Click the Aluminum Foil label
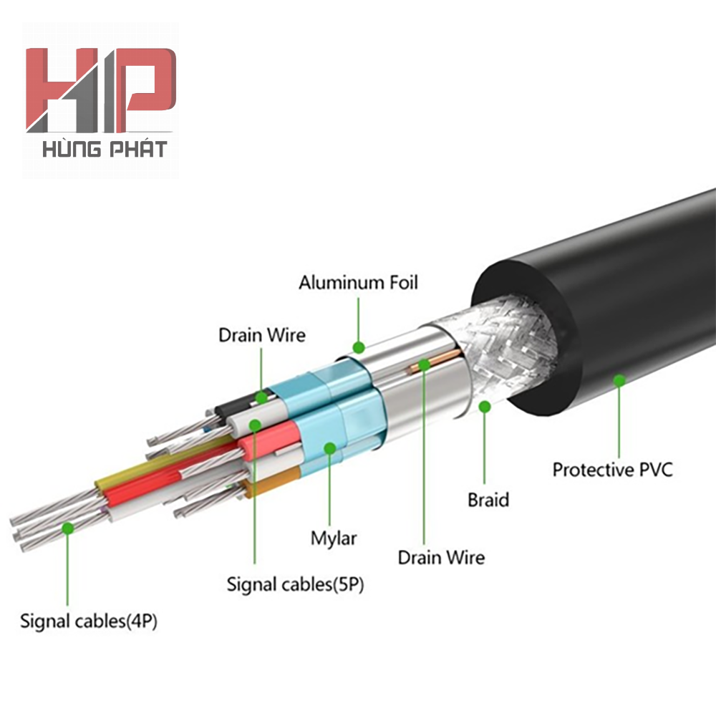(358, 282)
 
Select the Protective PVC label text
(612, 470)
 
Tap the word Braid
(488, 500)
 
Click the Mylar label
(334, 538)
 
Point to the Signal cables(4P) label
(89, 621)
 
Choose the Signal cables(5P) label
(296, 584)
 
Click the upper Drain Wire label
(262, 334)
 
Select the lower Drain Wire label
(441, 557)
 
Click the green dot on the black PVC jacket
(619, 380)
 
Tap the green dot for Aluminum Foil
(359, 347)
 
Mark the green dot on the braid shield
(485, 407)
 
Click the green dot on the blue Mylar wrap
(329, 448)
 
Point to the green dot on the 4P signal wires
(67, 528)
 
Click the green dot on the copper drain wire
(424, 364)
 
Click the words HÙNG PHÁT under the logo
(105, 150)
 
